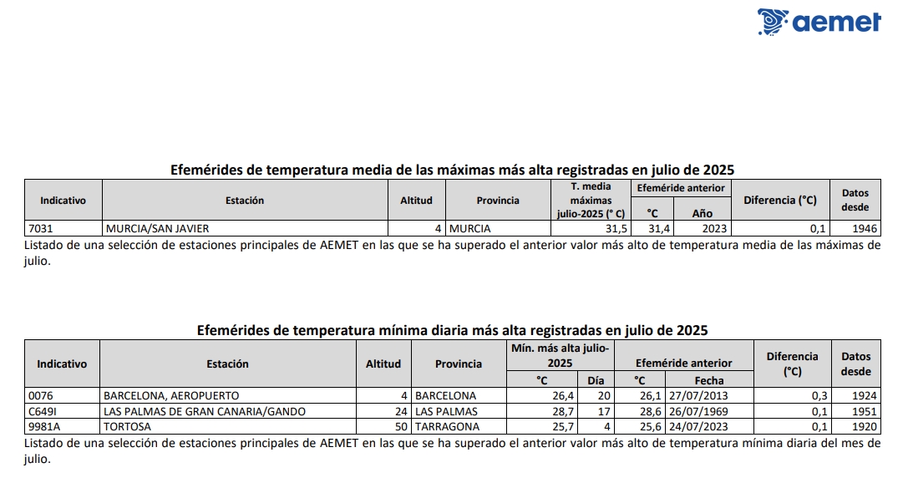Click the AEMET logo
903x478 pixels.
[819, 21]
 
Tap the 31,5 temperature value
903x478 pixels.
[616, 228]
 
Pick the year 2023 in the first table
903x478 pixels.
[716, 228]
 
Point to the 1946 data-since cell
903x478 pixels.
[864, 228]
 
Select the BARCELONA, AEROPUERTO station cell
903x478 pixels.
[170, 395]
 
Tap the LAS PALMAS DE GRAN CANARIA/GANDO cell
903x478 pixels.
[204, 411]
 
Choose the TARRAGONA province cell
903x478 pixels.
[447, 427]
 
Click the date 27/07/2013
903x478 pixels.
[697, 395]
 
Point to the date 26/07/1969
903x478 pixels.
[697, 411]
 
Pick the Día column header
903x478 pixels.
[595, 380]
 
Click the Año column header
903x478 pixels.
[702, 212]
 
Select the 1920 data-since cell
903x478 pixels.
[864, 427]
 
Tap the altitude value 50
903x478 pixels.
[401, 427]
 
